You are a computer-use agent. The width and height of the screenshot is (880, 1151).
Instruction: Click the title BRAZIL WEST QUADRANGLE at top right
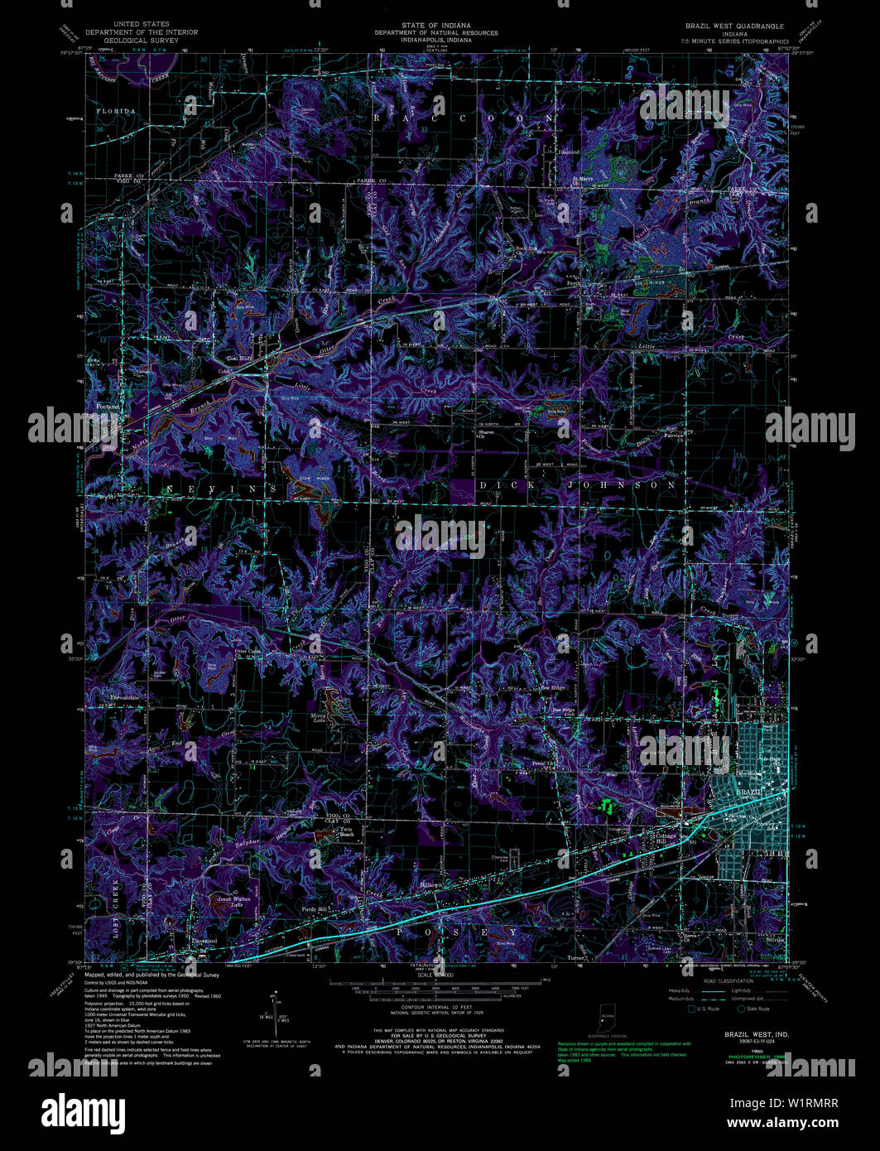(x=736, y=26)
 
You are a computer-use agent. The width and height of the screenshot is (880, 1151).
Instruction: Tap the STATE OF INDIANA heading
(x=435, y=26)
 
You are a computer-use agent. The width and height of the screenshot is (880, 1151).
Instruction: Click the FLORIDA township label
(x=115, y=110)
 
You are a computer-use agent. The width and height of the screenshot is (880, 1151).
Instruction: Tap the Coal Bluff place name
(x=240, y=359)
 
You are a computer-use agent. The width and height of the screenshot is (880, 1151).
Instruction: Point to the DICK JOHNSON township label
(x=578, y=484)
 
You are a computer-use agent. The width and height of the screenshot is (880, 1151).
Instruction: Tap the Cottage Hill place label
(x=667, y=838)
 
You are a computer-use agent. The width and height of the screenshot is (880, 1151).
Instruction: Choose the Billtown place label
(x=431, y=885)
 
